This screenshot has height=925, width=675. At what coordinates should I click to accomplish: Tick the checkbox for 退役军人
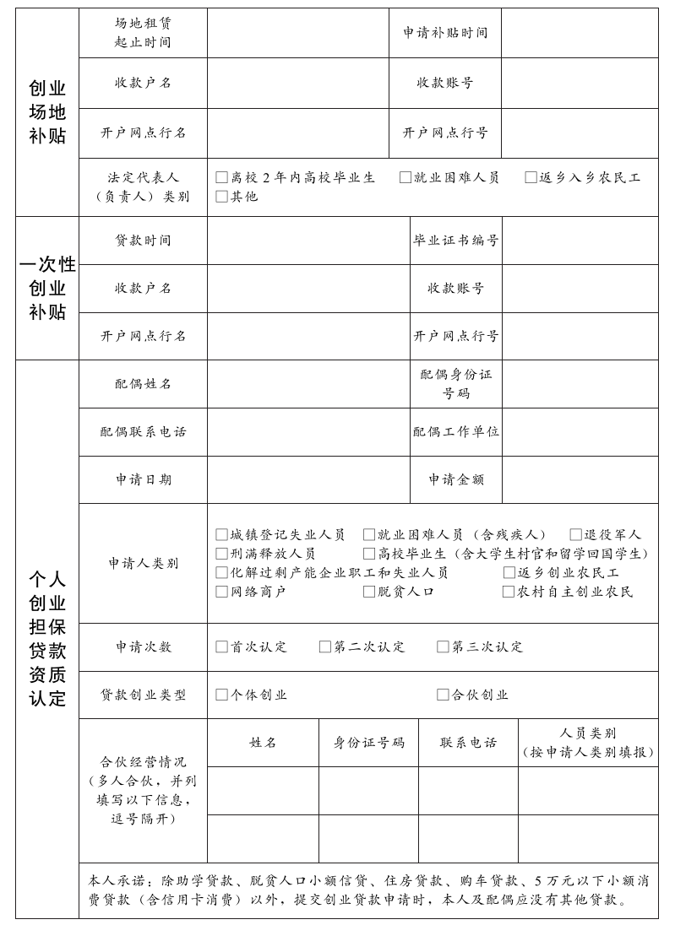coord(575,534)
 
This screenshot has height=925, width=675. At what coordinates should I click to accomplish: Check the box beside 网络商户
coord(221,592)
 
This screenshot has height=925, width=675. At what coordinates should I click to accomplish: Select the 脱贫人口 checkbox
coord(369,592)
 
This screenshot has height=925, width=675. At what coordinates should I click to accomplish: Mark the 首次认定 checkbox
coord(221,646)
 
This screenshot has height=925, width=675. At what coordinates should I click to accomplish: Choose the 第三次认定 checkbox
coord(443,646)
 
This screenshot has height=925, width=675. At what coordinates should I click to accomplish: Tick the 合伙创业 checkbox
coord(443,695)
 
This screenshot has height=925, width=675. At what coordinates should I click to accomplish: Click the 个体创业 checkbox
coord(221,695)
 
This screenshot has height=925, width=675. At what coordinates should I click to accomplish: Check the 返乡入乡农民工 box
coord(531,177)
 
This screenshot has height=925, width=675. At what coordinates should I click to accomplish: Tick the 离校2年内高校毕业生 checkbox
coord(221,177)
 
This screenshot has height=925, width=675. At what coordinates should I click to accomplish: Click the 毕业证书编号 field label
coord(455,241)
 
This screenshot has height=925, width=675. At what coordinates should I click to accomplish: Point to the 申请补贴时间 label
coord(445,33)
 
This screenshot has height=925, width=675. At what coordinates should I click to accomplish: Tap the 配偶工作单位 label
coord(455,431)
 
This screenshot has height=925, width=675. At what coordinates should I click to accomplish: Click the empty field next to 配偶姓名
coord(308,384)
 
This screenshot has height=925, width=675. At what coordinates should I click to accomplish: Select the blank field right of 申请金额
coord(580,479)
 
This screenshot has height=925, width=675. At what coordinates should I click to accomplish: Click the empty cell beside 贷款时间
coord(308,241)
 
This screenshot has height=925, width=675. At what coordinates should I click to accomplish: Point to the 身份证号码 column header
coord(368,743)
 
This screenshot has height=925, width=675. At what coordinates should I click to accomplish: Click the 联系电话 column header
coord(468,743)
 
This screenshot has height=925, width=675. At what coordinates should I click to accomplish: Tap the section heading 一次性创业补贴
coord(47,288)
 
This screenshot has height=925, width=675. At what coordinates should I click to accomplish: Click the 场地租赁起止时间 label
coord(143,32)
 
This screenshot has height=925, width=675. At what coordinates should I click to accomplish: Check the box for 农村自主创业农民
coord(509,592)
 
